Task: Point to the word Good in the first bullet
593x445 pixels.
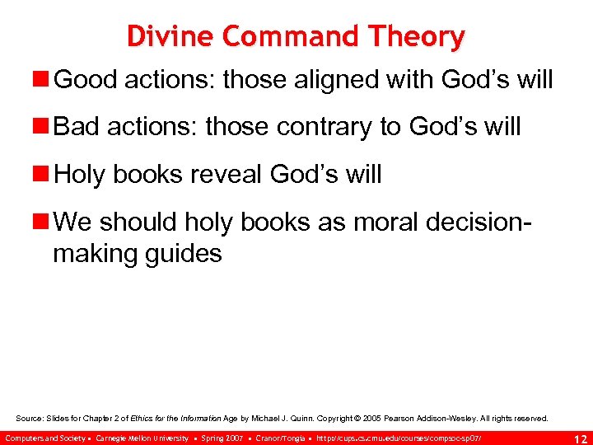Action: pos(82,81)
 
